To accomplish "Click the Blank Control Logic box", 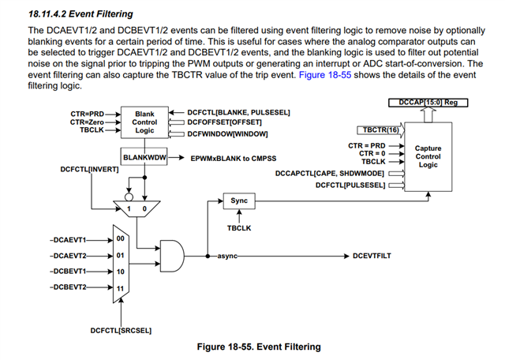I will point(145,124).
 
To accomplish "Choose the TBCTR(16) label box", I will point(380,129).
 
